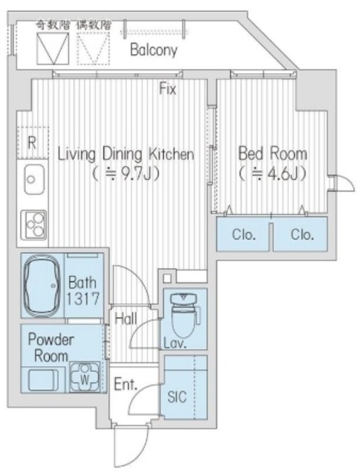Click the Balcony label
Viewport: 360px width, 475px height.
(x=154, y=50)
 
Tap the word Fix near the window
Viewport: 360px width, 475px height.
(x=168, y=89)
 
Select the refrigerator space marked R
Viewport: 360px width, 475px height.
(x=33, y=142)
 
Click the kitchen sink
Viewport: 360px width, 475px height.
(x=34, y=180)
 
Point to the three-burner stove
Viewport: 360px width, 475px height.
(x=33, y=224)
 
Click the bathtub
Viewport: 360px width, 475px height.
(x=42, y=285)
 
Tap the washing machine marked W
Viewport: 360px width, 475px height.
(x=84, y=377)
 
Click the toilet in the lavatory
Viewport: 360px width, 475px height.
(x=184, y=315)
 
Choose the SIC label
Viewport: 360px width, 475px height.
(x=177, y=396)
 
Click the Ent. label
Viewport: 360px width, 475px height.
(x=125, y=384)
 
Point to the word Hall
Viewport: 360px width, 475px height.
(x=126, y=318)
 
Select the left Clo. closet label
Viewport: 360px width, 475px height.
(x=244, y=235)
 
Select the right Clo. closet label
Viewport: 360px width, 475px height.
(x=302, y=235)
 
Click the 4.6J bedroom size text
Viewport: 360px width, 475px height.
(x=272, y=174)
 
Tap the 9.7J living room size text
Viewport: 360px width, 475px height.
(x=125, y=174)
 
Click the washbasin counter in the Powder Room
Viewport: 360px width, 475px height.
(x=43, y=380)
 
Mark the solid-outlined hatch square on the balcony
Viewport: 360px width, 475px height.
(x=53, y=48)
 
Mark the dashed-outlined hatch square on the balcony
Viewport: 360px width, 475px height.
(x=93, y=48)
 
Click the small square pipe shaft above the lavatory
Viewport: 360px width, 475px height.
(x=167, y=278)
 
